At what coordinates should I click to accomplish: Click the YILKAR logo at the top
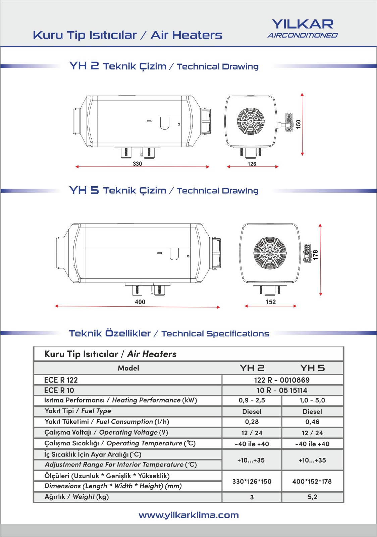click(303, 29)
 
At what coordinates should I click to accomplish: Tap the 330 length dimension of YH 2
click(138, 164)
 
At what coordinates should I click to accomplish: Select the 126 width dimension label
click(252, 164)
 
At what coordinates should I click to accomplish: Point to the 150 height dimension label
click(298, 124)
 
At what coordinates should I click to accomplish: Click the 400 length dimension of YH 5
click(140, 302)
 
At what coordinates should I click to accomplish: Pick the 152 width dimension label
click(271, 302)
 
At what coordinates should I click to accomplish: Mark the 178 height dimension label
click(315, 255)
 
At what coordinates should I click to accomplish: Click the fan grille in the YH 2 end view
click(251, 121)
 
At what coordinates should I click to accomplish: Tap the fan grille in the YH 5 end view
click(270, 253)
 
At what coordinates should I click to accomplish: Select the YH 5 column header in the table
click(312, 368)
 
